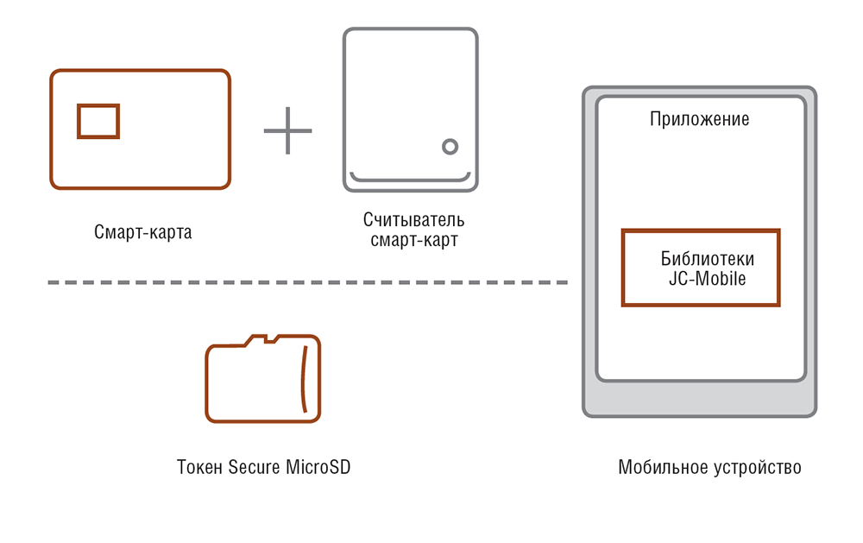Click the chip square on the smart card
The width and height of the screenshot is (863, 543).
click(98, 121)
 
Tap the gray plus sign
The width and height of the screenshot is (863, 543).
click(287, 129)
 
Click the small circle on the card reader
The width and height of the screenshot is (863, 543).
click(449, 146)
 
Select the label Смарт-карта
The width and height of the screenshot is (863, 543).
click(142, 232)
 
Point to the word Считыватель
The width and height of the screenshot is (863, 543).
click(413, 222)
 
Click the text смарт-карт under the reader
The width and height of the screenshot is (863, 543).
click(413, 241)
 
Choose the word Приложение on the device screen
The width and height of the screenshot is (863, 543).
click(699, 119)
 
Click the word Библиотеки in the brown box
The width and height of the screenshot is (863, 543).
click(707, 260)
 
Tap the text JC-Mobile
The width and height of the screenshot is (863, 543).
click(707, 279)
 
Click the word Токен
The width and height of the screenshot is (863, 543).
click(200, 468)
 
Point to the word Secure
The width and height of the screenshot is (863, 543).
click(254, 468)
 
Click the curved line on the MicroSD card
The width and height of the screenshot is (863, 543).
click(303, 380)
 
